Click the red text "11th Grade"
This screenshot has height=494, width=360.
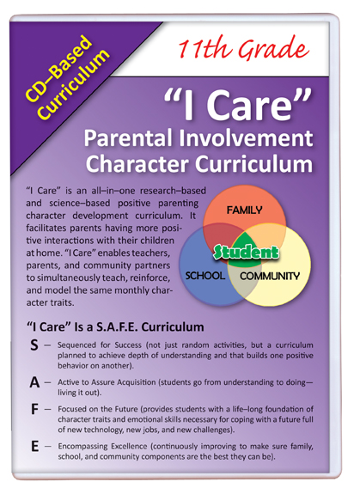243,48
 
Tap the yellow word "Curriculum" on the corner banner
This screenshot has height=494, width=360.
74,84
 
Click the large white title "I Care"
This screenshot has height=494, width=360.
238,105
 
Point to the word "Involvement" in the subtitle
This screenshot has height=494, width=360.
247,138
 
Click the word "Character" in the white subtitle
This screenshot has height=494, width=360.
137,164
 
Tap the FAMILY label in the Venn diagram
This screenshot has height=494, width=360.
244,210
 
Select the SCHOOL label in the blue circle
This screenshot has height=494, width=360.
205,276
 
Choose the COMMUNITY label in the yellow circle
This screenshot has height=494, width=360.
270,276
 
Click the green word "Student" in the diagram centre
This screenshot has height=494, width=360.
246,252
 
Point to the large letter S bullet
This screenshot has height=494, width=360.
34,345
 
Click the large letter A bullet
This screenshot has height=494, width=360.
34,382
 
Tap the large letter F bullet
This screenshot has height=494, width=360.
34,410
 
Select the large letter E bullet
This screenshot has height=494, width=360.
34,447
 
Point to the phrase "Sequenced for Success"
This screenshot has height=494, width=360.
100,345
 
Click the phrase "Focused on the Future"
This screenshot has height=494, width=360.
98,409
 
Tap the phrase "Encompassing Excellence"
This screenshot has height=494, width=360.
102,447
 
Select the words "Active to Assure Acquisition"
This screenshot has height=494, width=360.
107,382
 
